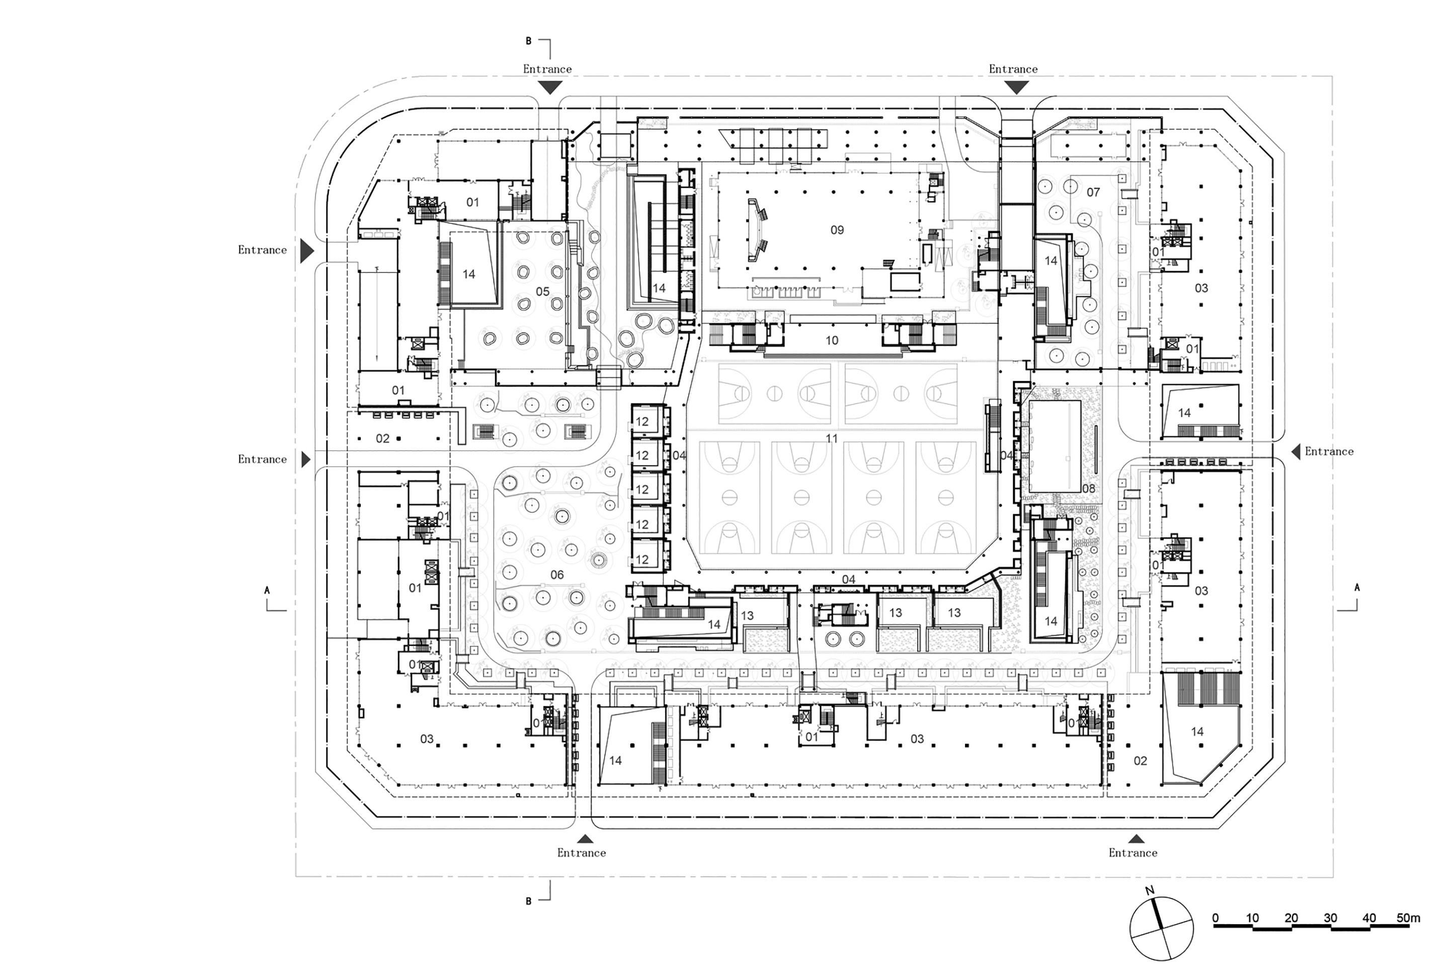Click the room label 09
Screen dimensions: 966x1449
837,230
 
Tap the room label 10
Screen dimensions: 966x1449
832,340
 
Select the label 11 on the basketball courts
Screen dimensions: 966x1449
832,439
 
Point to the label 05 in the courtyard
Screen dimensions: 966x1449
542,291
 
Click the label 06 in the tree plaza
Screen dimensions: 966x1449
557,575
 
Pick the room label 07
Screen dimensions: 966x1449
1093,192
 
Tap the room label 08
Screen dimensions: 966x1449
1089,489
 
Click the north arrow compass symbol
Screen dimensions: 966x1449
1161,928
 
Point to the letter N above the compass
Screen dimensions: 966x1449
1150,890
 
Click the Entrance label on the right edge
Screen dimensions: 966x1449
1329,452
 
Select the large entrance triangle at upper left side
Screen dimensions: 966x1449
307,252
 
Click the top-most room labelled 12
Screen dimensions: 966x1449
642,422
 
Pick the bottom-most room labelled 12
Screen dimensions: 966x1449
642,559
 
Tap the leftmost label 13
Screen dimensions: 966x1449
747,615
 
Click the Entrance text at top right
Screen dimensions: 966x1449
1013,69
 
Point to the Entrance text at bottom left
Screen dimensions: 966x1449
582,853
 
